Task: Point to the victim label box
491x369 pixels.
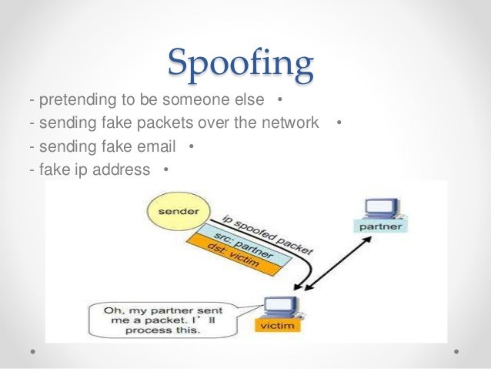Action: (276, 327)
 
